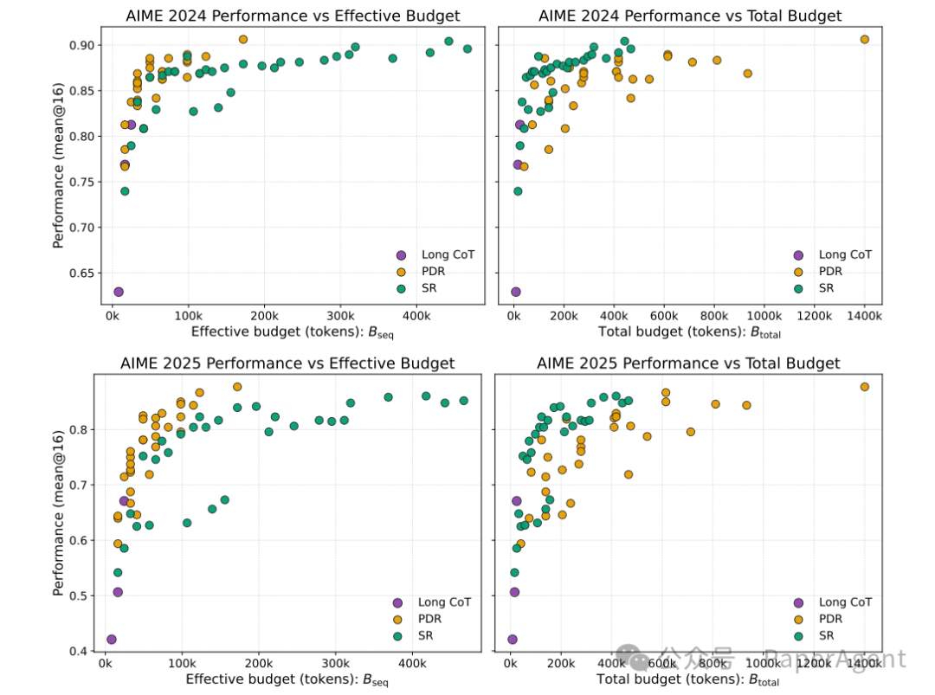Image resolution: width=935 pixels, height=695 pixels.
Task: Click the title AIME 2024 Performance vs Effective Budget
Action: pyautogui.click(x=293, y=16)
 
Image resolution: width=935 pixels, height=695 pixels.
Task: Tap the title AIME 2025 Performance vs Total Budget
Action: pyautogui.click(x=688, y=364)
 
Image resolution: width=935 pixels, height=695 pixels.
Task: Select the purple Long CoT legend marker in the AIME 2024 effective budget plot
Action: pyautogui.click(x=400, y=254)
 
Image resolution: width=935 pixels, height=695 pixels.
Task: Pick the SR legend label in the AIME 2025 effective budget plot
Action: pyautogui.click(x=426, y=635)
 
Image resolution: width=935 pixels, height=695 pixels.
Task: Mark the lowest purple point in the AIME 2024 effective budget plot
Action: pyautogui.click(x=118, y=292)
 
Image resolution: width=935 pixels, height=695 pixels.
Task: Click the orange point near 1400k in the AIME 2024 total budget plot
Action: pyautogui.click(x=864, y=40)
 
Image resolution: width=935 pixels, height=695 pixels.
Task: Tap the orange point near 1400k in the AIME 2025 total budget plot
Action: pyautogui.click(x=864, y=387)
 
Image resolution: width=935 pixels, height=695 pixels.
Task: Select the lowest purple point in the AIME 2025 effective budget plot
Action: pyautogui.click(x=111, y=640)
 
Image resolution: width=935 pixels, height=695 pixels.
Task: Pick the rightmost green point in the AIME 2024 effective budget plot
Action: pyautogui.click(x=467, y=48)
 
